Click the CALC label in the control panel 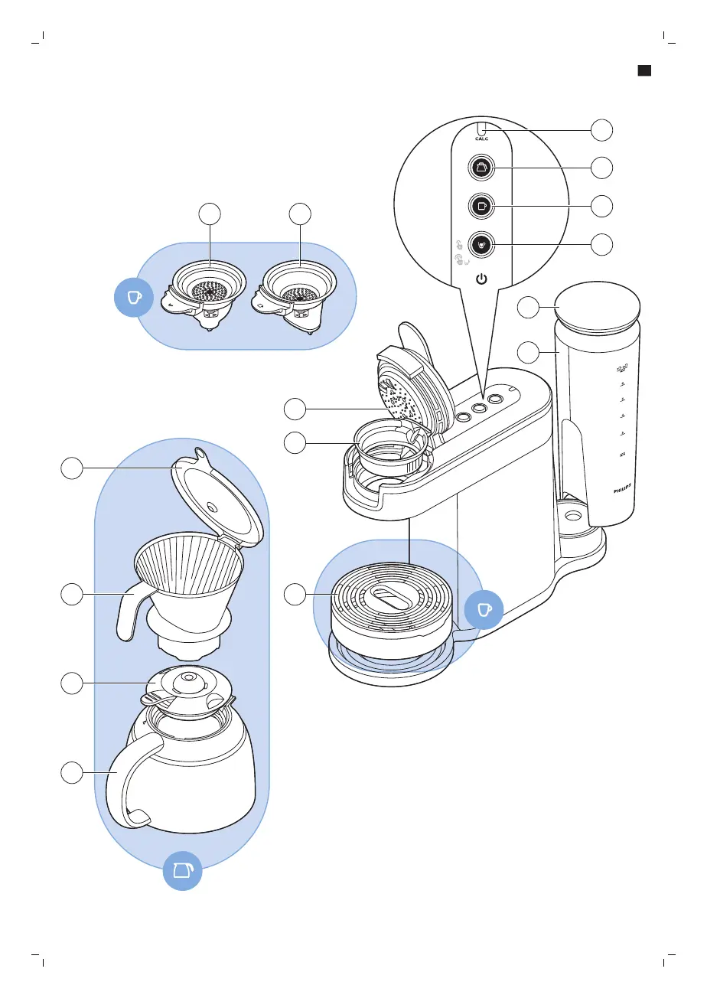(481, 139)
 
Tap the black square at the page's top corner (644, 70)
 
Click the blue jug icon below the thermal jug (183, 870)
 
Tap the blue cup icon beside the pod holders (133, 297)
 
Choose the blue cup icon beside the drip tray (483, 609)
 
